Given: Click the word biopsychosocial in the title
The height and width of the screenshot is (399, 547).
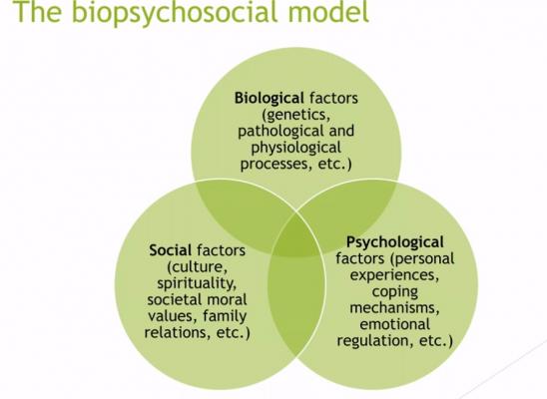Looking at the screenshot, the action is [x=174, y=12].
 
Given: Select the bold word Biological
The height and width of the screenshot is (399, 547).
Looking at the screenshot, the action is [x=269, y=99].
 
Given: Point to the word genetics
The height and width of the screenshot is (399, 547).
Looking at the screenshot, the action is [x=295, y=115].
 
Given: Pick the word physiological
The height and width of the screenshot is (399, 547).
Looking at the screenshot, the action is [x=295, y=148].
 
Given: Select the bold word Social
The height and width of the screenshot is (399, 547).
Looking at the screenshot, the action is [x=171, y=250].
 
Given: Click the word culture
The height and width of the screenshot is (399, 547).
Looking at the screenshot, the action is [x=198, y=267].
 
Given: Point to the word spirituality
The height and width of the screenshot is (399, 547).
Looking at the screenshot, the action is [x=197, y=283].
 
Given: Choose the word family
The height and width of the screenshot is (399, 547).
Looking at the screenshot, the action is [x=225, y=316].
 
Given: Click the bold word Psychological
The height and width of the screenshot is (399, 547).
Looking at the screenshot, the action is [x=395, y=242].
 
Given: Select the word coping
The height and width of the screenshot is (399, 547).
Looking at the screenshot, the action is [x=395, y=291].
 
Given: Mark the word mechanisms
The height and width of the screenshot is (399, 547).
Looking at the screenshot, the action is [x=394, y=307].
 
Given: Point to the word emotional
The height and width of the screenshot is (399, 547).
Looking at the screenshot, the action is [x=394, y=324].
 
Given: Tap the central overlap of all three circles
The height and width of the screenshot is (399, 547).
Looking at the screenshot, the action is [x=296, y=237].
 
